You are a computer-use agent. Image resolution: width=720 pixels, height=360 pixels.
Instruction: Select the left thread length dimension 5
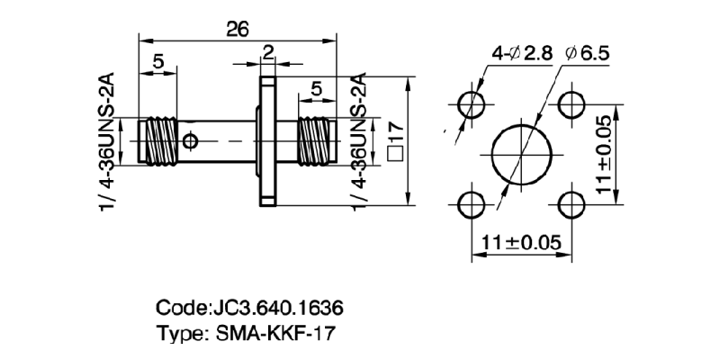pyautogui.click(x=157, y=62)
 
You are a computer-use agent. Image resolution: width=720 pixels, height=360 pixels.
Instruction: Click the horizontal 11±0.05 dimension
pyautogui.click(x=521, y=242)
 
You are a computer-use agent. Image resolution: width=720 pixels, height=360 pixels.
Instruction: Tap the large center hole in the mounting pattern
pyautogui.click(x=521, y=154)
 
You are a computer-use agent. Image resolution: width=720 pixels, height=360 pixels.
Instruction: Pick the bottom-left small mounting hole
pyautogui.click(x=471, y=203)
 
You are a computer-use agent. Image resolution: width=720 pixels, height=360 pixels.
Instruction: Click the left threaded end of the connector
pyautogui.click(x=159, y=140)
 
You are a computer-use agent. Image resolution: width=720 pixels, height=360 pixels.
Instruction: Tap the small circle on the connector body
pyautogui.click(x=189, y=141)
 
